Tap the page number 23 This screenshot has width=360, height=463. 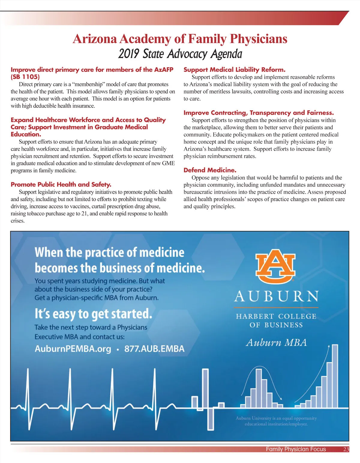coord(346,449)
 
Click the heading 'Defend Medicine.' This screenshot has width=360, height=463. coord(210,170)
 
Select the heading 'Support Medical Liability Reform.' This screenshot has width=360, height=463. coord(234,70)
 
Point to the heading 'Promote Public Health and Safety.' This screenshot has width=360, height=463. coord(61,185)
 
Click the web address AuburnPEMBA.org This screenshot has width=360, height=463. coord(73,349)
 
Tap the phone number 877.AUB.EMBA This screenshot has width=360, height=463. coord(154,349)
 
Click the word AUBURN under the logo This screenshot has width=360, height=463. coord(276,296)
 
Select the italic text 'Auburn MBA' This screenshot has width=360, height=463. coord(276,343)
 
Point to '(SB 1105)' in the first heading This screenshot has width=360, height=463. coord(25,77)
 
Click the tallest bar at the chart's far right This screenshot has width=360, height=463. coord(335,376)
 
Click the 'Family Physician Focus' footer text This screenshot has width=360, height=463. coord(295,449)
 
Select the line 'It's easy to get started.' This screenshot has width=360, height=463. coord(93,314)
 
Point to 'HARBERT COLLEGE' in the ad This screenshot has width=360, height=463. coord(276,316)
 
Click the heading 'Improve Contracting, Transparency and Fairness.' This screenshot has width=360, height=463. coord(259,113)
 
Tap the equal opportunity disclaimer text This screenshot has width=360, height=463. coord(276,421)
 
